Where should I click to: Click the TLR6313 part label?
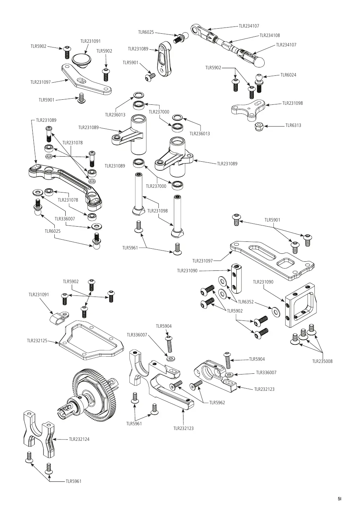click(293, 125)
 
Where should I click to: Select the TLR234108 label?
click(269, 35)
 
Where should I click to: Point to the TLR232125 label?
click(37, 341)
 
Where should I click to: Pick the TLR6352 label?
click(246, 302)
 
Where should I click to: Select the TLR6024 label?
click(288, 75)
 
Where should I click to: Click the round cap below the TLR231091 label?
click(81, 61)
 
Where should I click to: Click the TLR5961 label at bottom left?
click(73, 481)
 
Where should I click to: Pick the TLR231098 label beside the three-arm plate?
click(293, 103)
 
